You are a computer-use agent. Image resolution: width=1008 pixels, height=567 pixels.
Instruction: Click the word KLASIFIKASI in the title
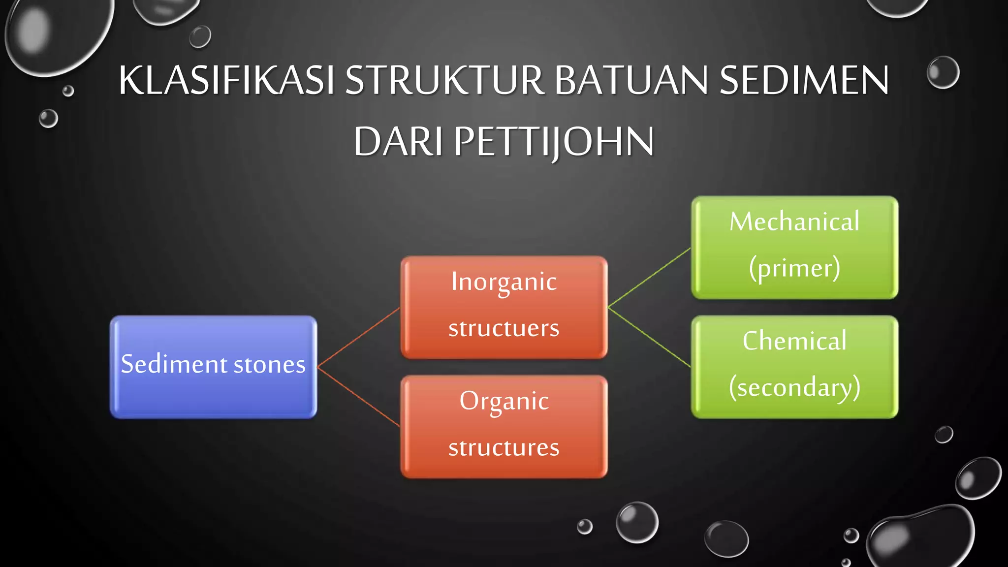[226, 80]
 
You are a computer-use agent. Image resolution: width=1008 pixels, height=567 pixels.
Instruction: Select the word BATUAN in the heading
[631, 80]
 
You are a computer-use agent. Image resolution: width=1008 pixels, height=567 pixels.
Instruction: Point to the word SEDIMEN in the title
[804, 80]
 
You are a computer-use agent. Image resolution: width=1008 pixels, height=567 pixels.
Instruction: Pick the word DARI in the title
[398, 142]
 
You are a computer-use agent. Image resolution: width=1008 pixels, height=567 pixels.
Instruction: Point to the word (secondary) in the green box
[794, 387]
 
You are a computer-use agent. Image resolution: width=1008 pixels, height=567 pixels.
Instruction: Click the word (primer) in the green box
[794, 268]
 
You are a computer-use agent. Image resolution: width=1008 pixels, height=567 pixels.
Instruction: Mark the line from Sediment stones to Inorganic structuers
[359, 337]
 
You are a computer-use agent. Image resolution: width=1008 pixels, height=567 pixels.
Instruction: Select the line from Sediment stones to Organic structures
[359, 396]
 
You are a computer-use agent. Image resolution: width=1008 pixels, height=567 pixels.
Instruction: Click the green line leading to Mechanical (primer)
[650, 278]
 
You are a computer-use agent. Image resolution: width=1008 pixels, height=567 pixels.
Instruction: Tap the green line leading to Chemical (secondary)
[650, 337]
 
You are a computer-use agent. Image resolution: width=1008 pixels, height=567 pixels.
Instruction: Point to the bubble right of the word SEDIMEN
[943, 73]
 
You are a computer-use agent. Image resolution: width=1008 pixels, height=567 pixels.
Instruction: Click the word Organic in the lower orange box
[504, 401]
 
